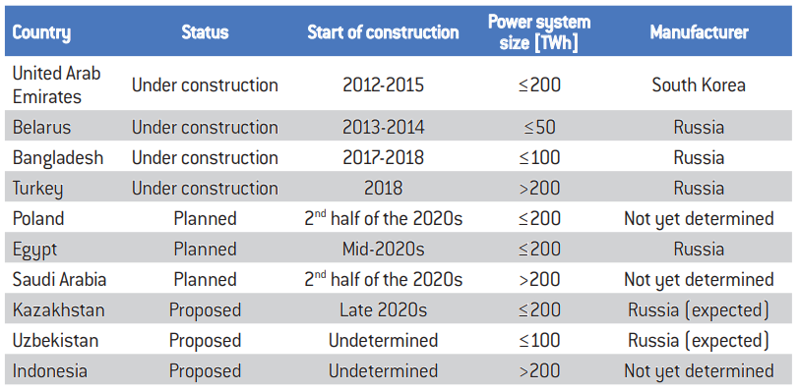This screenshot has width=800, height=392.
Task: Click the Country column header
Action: [x=41, y=33]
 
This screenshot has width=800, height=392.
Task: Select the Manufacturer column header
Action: [x=699, y=32]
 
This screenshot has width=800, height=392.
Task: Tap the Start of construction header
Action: [x=383, y=32]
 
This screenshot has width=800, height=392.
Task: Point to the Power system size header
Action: [x=539, y=32]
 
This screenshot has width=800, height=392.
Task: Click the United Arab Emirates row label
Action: [x=57, y=84]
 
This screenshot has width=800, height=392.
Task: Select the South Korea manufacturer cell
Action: [x=699, y=85]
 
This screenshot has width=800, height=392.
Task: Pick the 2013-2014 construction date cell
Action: [x=383, y=127]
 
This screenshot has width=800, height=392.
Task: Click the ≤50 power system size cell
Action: [x=539, y=127]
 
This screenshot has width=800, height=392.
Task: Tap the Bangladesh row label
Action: [x=58, y=158]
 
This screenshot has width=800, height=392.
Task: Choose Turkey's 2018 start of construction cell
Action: [x=383, y=189]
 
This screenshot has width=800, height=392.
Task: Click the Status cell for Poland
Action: [x=205, y=219]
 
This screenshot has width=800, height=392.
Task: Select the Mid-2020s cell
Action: [x=383, y=250]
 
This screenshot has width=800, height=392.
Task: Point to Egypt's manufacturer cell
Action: [x=699, y=250]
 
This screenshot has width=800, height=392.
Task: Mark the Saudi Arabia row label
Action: [x=59, y=279]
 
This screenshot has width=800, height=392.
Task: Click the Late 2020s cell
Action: [x=383, y=310]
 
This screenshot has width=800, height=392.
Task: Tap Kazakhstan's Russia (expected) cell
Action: [x=699, y=310]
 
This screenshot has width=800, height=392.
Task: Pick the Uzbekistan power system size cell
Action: [x=539, y=341]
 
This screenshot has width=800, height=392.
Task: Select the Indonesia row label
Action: [x=49, y=371]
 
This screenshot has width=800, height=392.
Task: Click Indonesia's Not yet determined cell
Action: [x=699, y=371]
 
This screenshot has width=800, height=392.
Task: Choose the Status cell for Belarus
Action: [x=205, y=128]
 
